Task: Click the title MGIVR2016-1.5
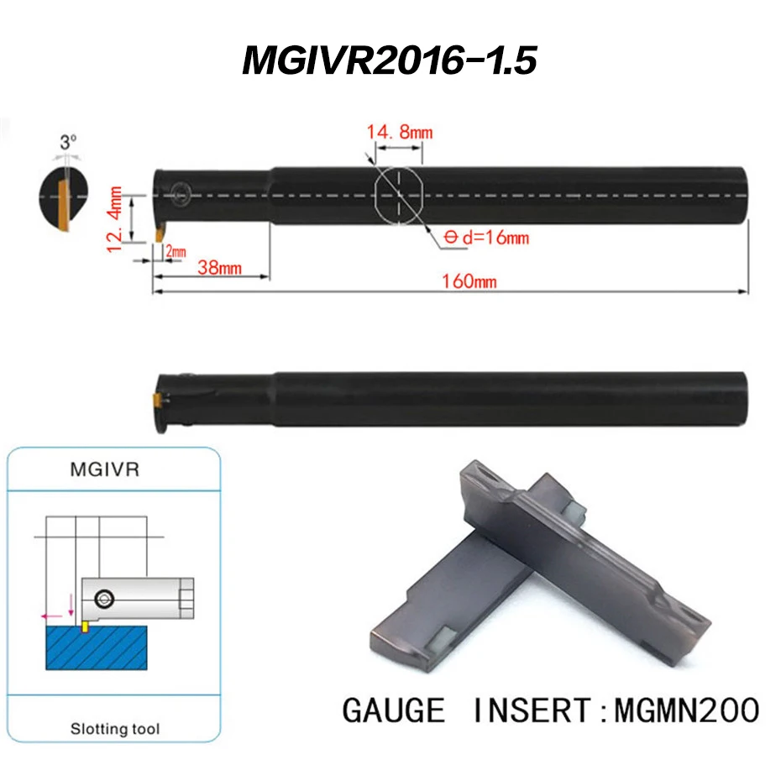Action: coord(389,60)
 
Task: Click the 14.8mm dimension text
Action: coord(399,132)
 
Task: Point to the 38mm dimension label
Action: coord(219,268)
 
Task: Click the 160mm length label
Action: coord(469,280)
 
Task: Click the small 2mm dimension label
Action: coord(176,251)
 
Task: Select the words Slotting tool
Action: coord(116,728)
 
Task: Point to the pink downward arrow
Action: coord(71,603)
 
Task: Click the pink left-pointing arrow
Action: coord(49,616)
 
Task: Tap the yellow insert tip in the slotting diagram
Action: coord(85,626)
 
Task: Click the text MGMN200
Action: coord(687,710)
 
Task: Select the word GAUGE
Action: coord(393,710)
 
